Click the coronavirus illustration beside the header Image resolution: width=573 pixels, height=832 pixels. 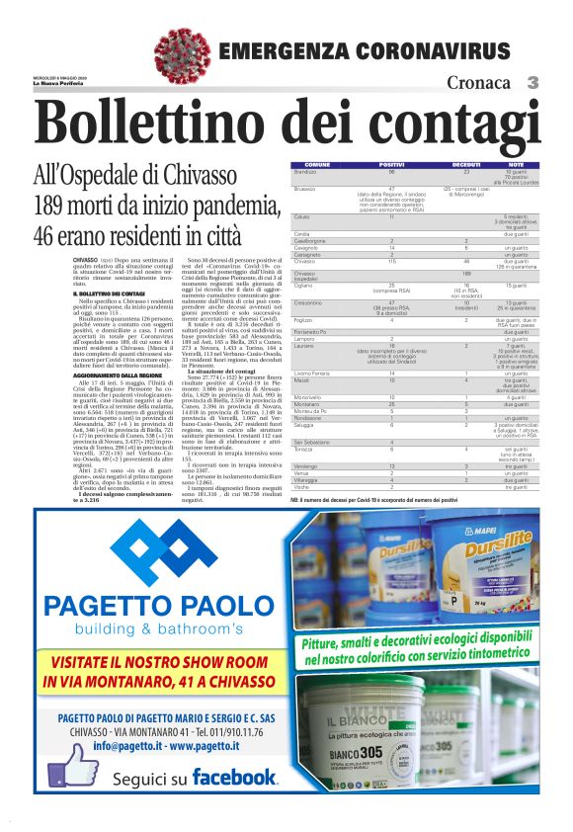(x=182, y=54)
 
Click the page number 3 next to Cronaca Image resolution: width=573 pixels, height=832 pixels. (x=532, y=83)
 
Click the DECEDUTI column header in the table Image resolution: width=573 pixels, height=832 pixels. (x=465, y=164)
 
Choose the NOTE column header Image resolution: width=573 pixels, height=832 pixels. (x=515, y=164)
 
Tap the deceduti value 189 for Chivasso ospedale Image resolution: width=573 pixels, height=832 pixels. (x=465, y=272)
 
